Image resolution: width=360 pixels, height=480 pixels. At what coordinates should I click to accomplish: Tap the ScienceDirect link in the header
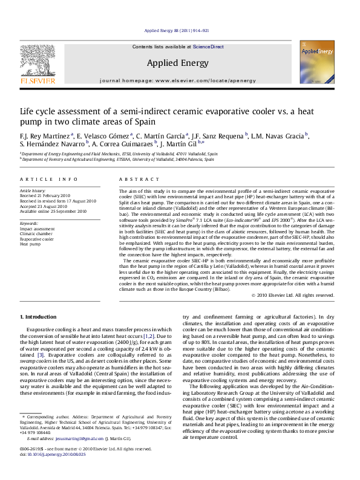click(x=208, y=47)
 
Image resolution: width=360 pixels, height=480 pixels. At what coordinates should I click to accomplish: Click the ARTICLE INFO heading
click(x=49, y=180)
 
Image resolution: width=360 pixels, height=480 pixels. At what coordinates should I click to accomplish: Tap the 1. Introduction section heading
click(x=39, y=317)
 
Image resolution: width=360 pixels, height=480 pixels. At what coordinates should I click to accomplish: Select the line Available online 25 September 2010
click(x=53, y=212)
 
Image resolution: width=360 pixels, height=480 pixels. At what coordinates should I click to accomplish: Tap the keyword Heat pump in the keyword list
click(x=30, y=244)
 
